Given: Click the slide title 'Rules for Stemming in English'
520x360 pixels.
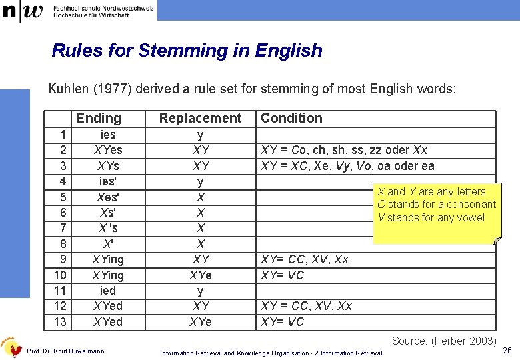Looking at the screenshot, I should pyautogui.click(x=187, y=51).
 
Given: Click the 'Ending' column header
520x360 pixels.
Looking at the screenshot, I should pyautogui.click(x=99, y=118).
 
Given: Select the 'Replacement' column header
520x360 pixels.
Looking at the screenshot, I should pyautogui.click(x=200, y=118).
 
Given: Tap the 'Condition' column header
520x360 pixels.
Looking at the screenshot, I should pyautogui.click(x=291, y=118).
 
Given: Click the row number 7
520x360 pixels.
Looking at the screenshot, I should pyautogui.click(x=63, y=228).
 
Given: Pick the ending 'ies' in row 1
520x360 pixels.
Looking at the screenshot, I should pyautogui.click(x=107, y=135).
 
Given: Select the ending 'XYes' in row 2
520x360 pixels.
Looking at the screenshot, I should pyautogui.click(x=108, y=150).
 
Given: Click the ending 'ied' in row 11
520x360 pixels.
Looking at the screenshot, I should pyautogui.click(x=107, y=291).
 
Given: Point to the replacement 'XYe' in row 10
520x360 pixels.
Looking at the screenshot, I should pyautogui.click(x=200, y=275).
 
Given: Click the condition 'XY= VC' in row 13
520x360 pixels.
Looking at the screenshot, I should pyautogui.click(x=282, y=322).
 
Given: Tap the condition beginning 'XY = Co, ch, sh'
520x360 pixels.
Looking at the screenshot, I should pyautogui.click(x=344, y=150).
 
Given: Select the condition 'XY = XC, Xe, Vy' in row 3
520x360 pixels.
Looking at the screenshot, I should pyautogui.click(x=347, y=166).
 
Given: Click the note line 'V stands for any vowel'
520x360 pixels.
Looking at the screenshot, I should pyautogui.click(x=431, y=218).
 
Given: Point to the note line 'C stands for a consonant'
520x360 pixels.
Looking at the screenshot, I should pyautogui.click(x=436, y=205).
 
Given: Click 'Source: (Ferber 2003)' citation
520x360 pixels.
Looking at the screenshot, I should pyautogui.click(x=443, y=341).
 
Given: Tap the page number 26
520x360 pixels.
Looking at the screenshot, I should pyautogui.click(x=507, y=351).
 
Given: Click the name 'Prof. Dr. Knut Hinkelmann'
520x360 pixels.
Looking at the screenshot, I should pyautogui.click(x=65, y=351).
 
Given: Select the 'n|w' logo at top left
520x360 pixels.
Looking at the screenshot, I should pyautogui.click(x=23, y=11).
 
